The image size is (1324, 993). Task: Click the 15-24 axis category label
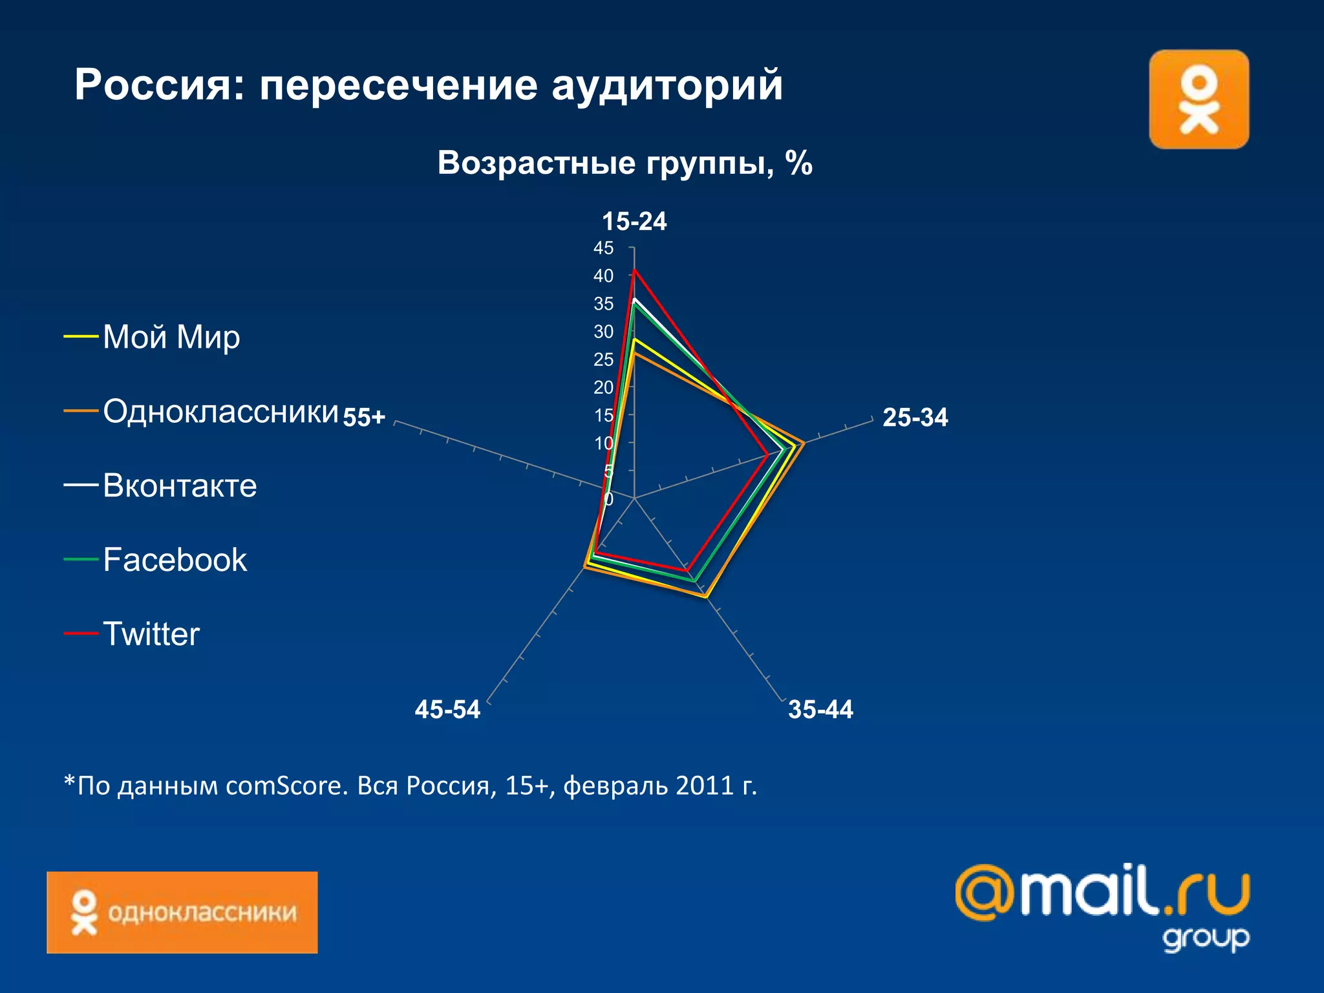click(x=634, y=221)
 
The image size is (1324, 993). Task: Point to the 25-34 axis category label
click(x=915, y=417)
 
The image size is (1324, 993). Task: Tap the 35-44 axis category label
click(x=820, y=709)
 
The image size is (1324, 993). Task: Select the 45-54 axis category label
click(x=447, y=709)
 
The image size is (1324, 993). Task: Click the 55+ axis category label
click(x=364, y=417)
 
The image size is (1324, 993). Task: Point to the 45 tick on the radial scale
click(x=603, y=248)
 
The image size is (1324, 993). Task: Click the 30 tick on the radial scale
click(x=603, y=332)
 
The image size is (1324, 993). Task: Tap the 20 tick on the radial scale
click(x=603, y=387)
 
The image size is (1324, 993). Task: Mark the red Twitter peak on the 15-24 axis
click(x=635, y=270)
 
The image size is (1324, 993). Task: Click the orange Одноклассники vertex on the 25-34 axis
click(x=804, y=443)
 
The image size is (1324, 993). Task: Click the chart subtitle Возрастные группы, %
click(x=625, y=163)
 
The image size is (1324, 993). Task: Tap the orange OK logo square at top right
click(x=1199, y=100)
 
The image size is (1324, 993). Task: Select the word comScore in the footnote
click(x=286, y=785)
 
